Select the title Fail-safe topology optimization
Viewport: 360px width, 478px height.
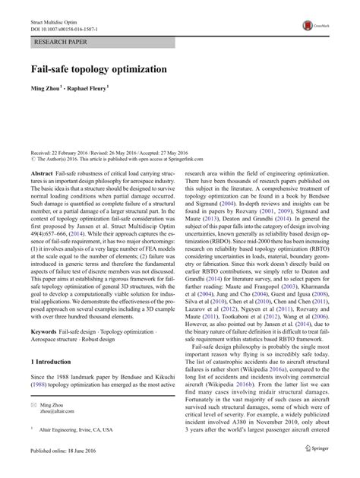[x=99, y=68]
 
